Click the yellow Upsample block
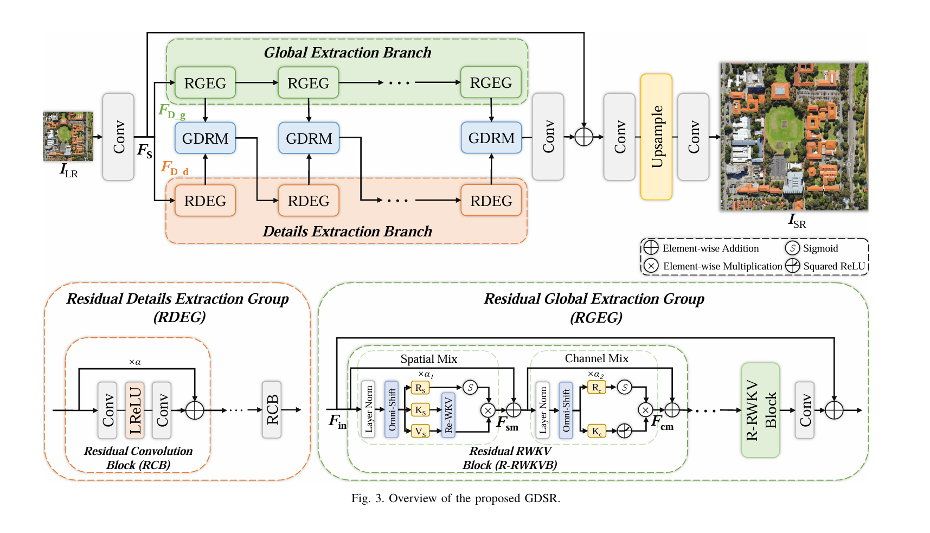click(656, 137)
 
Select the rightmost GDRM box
click(491, 138)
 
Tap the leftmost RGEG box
click(205, 83)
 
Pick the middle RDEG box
click(309, 201)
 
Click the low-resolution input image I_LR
click(68, 136)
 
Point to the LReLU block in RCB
click(134, 410)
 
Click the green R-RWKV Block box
click(760, 410)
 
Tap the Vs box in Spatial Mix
click(420, 431)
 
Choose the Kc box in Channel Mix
click(597, 431)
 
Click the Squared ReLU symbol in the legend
click(793, 265)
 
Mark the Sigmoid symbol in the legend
click(792, 248)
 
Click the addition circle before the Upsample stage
click(583, 137)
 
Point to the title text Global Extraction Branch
click(348, 53)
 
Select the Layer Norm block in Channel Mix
click(543, 410)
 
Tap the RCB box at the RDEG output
click(272, 410)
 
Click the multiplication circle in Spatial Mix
click(488, 410)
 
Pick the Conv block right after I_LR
click(118, 137)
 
